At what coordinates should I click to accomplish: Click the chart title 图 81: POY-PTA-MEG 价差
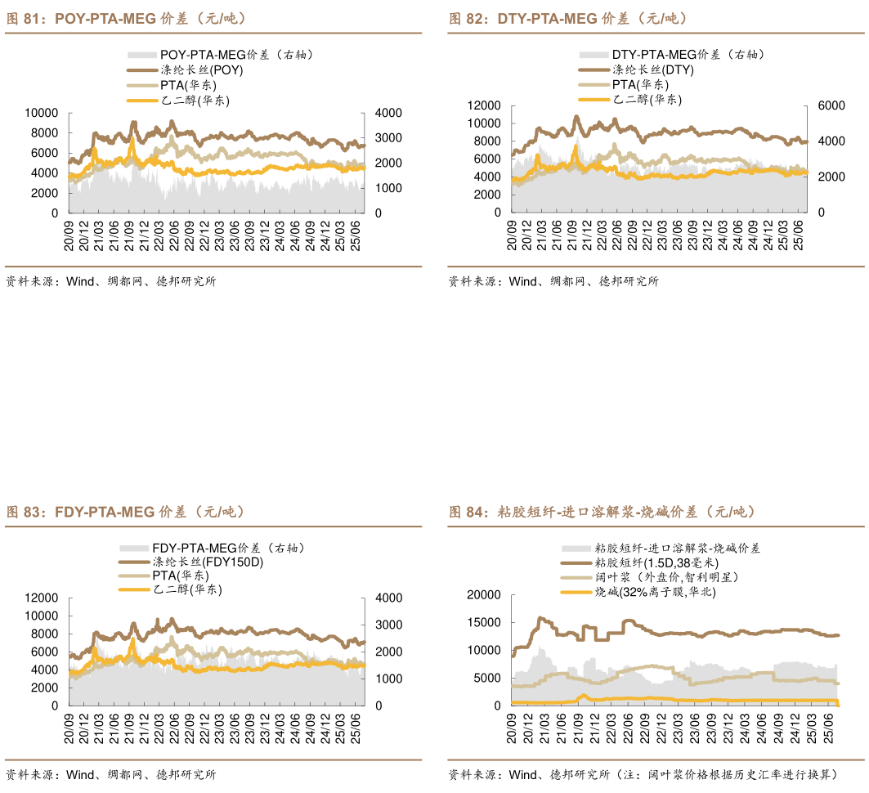point(127,18)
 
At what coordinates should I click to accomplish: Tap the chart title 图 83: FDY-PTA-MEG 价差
point(126,513)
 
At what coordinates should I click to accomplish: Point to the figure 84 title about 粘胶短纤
point(602,513)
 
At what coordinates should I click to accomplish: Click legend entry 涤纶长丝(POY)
point(201,69)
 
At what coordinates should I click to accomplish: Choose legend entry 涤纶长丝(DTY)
point(652,69)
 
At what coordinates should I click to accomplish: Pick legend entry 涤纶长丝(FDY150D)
point(208,562)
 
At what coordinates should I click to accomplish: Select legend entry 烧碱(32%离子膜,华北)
point(655,592)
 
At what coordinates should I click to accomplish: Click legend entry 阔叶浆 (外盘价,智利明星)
point(666,577)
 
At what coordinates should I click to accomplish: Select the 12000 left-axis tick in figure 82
point(482,106)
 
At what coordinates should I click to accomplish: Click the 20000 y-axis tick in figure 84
point(482,595)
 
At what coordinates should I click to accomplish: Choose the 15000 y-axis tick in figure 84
point(482,623)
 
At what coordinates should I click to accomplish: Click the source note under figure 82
point(553,281)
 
